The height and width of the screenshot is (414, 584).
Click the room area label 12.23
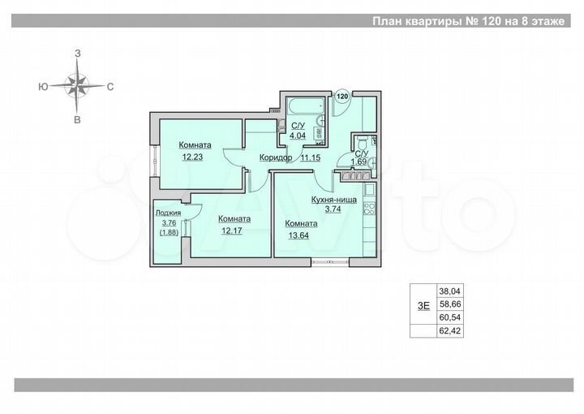pyautogui.click(x=192, y=157)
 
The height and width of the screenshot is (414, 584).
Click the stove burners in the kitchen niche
pyautogui.click(x=369, y=207)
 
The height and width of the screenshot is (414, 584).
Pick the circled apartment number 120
pyautogui.click(x=342, y=96)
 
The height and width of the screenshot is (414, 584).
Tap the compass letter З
pyautogui.click(x=78, y=53)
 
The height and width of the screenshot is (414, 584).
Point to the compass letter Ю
pyautogui.click(x=41, y=85)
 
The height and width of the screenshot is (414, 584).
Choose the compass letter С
pyautogui.click(x=110, y=85)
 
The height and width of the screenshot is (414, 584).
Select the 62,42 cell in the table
pyautogui.click(x=449, y=330)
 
